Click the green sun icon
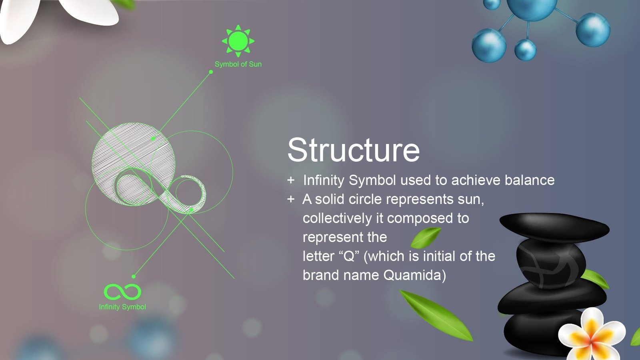point(238,41)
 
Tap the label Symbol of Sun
point(238,64)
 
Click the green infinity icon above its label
point(122,292)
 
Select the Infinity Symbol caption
point(122,307)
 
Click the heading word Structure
point(354,150)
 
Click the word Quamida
point(414,275)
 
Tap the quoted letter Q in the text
point(348,256)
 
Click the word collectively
point(337,218)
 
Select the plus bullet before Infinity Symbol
point(291,180)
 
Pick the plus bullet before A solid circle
point(291,199)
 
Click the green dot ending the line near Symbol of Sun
point(211,72)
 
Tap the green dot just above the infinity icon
point(134,276)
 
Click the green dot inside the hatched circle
point(153,138)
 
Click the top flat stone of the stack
point(554,227)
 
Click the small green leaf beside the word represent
point(426,237)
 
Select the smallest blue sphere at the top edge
point(492,4)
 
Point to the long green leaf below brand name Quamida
point(436,315)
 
